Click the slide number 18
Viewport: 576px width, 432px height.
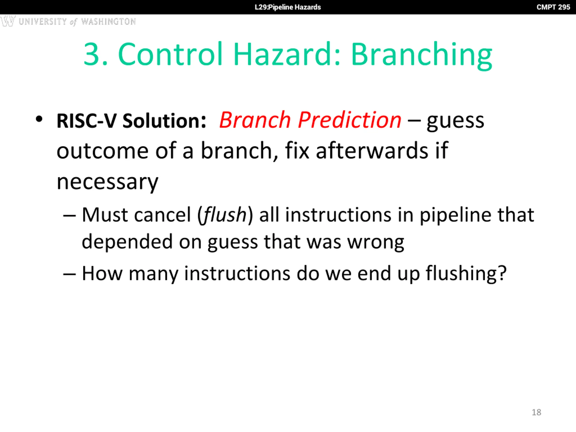click(x=536, y=412)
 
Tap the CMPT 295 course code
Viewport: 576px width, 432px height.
click(x=553, y=7)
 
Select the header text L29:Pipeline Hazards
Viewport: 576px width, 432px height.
click(x=288, y=7)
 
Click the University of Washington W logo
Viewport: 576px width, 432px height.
click(x=8, y=21)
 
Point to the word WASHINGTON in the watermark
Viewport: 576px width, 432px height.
click(x=108, y=21)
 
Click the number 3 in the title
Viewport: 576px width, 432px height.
click(x=92, y=54)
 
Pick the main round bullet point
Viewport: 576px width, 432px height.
click(x=39, y=119)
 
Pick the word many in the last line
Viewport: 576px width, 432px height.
click(x=154, y=274)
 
